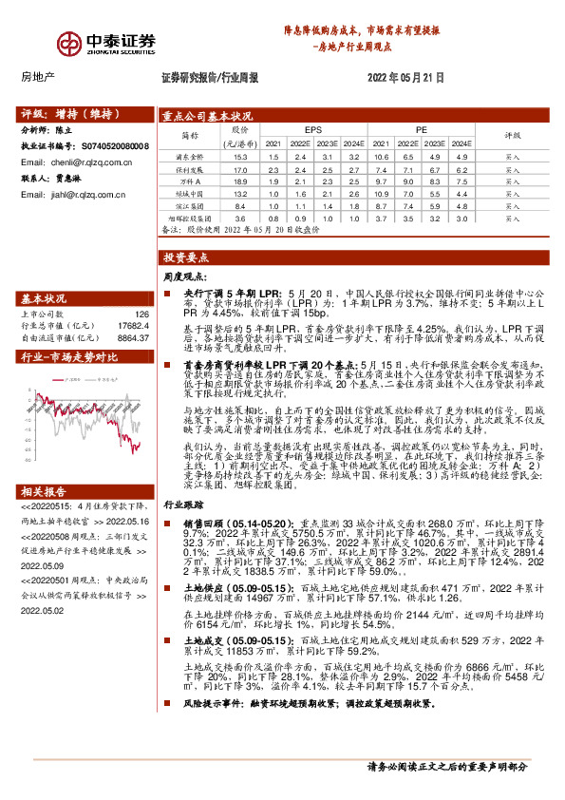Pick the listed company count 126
(x=142, y=314)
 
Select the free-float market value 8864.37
(x=130, y=336)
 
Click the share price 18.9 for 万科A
(x=241, y=180)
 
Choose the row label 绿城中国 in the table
(x=189, y=193)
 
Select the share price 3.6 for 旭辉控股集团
(x=241, y=218)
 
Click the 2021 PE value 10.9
(x=381, y=193)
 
